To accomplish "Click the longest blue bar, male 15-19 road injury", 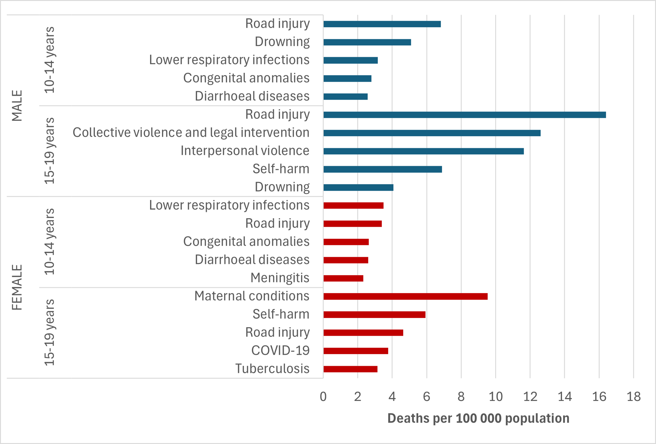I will pos(465,115).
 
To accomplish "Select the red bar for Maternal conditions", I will pos(406,296).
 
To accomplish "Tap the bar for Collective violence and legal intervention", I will pos(432,133).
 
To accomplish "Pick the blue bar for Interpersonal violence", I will pos(424,151).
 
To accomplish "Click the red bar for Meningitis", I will pos(343,278).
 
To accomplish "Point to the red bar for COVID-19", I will pos(356,351).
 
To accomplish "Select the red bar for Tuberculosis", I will pos(351,369).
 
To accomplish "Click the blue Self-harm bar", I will pos(383,169).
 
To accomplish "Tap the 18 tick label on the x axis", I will pos(633,397).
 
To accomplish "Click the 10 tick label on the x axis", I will pos(495,397).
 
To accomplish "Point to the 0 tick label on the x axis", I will pos(323,397).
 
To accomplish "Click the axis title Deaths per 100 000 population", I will pos(478,418).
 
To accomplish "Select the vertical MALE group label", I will pos(17,106).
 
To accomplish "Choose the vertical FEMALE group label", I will pos(17,287).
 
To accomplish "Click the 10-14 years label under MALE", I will pos(50,60).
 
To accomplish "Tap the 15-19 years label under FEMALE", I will pos(50,332).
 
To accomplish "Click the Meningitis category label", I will pos(280,278).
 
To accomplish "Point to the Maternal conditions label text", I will pos(252,296).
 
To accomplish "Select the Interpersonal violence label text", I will pos(245,151).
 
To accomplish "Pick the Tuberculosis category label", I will pos(272,369).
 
